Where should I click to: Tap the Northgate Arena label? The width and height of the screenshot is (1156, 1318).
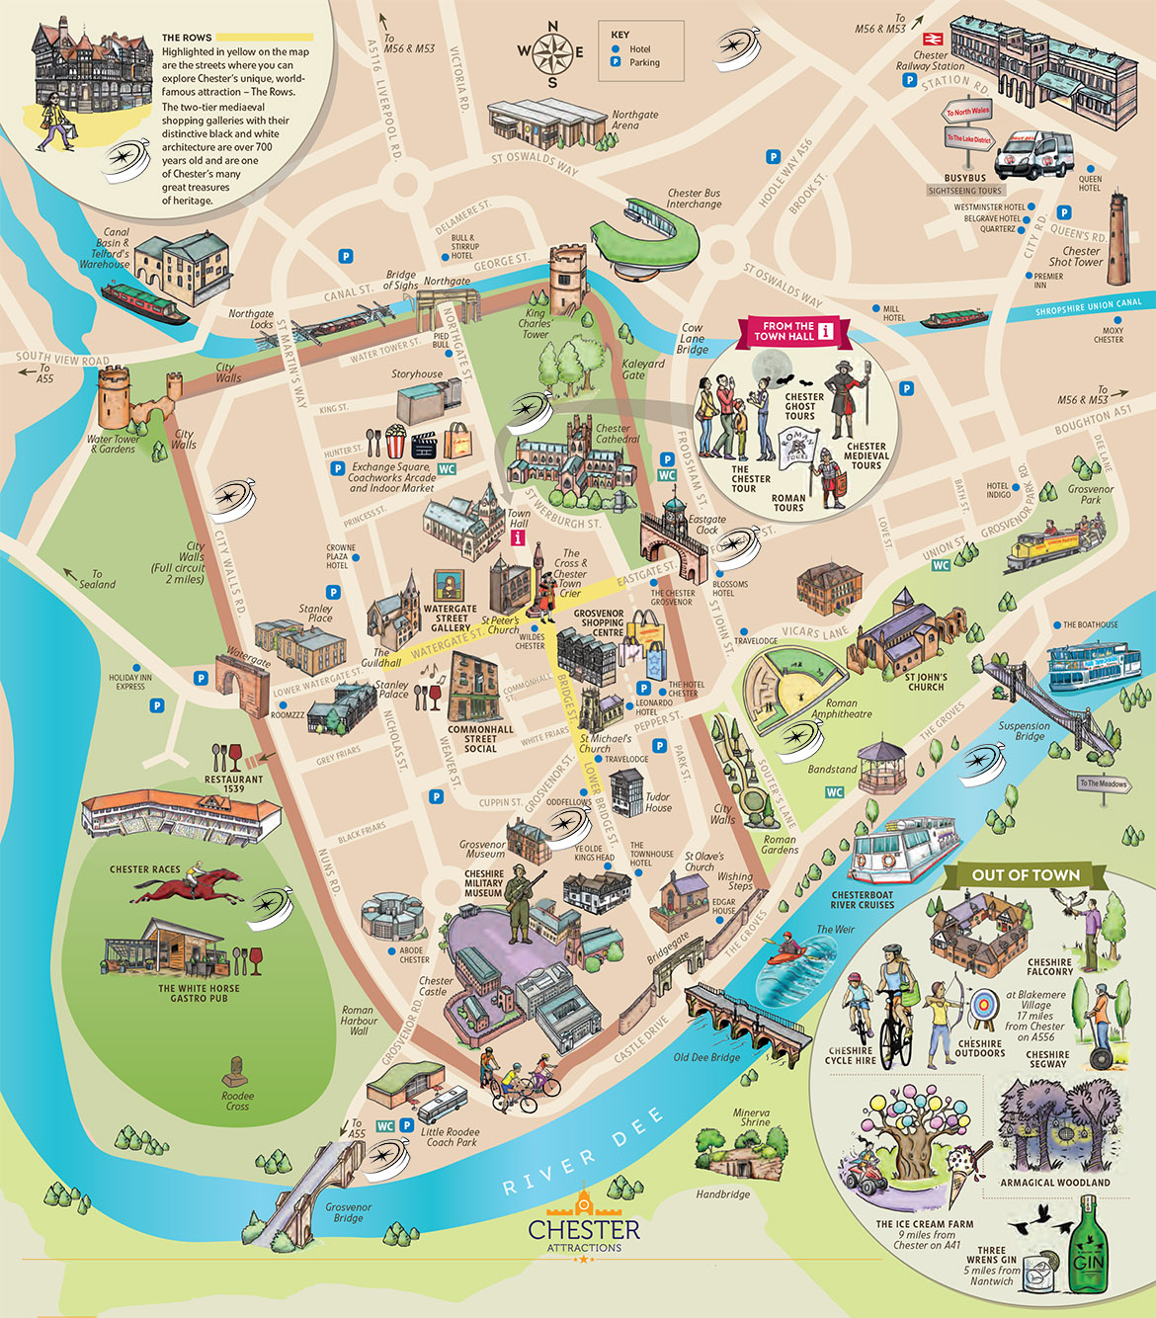(634, 120)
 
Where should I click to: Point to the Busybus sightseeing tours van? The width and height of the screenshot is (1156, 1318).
(1032, 154)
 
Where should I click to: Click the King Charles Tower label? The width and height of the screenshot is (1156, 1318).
(535, 324)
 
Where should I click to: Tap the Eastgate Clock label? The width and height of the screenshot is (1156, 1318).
(706, 525)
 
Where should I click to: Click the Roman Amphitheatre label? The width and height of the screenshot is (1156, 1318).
(841, 708)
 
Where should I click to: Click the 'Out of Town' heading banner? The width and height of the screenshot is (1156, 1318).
(1026, 874)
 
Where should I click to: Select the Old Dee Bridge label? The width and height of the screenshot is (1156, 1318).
(706, 1057)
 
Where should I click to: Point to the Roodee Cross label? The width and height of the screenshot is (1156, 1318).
(237, 1101)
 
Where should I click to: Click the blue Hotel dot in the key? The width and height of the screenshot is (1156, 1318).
(616, 48)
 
